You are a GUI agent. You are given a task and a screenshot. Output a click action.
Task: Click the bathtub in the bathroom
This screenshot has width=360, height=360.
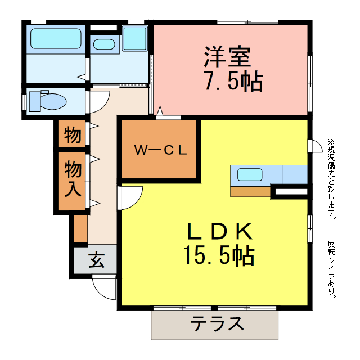click(x=56, y=39)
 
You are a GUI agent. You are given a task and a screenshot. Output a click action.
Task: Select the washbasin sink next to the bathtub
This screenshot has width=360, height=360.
click(x=104, y=44)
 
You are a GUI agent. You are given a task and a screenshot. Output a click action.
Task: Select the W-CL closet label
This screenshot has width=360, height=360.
click(x=160, y=150)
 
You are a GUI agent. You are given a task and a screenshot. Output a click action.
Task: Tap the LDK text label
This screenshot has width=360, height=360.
click(x=218, y=231)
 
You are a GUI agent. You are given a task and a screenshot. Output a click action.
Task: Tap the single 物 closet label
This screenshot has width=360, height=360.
click(x=73, y=135)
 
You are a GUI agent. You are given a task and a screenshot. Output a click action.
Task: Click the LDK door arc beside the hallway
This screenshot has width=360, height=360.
click(x=131, y=197)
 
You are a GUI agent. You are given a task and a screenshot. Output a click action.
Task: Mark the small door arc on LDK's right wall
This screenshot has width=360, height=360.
click(x=316, y=146)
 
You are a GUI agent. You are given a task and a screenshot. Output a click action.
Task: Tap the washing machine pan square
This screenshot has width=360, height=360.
click(x=134, y=38)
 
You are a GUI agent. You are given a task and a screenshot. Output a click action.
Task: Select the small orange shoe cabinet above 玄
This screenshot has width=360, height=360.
click(x=80, y=228)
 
